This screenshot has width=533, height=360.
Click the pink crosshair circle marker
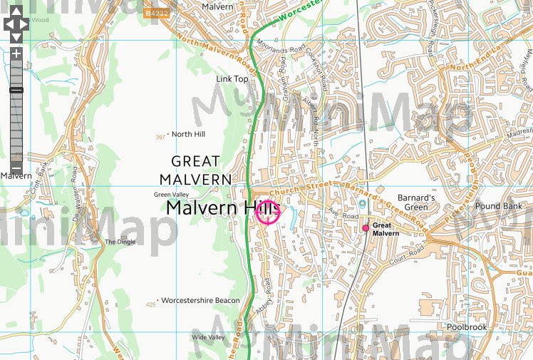coord(267,212)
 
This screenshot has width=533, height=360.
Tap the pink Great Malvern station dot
coord(366,228)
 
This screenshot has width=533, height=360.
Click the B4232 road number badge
coord(157,13)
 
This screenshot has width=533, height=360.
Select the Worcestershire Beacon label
coord(200,301)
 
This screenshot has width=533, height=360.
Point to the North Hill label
coord(188,134)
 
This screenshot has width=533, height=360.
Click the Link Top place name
coord(232,78)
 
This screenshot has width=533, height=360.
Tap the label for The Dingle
coord(120,242)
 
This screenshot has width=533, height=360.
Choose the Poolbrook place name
coord(466,327)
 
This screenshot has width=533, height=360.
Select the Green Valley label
coord(172,195)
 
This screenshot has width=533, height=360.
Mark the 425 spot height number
coord(150,304)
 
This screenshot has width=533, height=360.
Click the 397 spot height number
coord(160,136)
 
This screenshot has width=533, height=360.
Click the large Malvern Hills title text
coord(221,207)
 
